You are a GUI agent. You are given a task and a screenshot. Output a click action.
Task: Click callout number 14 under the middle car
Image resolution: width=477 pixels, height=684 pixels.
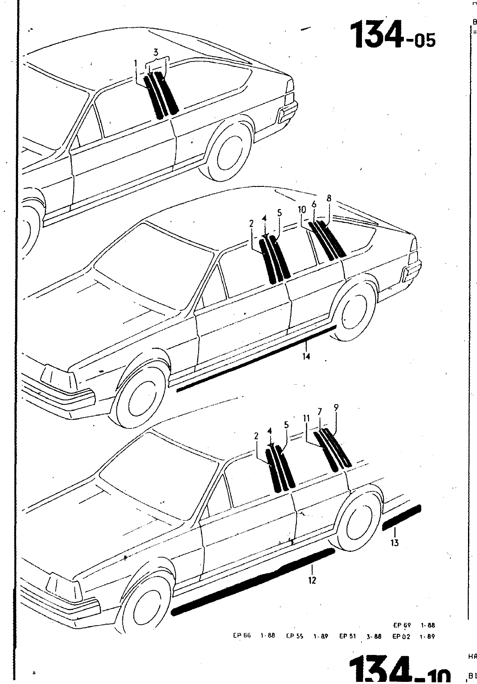click(306, 356)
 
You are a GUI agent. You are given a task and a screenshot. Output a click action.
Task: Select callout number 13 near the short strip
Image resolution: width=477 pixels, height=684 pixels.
click(394, 543)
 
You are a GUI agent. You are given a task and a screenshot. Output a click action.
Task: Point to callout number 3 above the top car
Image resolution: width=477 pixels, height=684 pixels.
click(156, 53)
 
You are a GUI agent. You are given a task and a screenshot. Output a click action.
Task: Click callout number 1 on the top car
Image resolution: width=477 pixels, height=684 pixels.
click(136, 64)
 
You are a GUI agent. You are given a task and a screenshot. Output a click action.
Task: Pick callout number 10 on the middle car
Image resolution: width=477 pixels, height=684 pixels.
click(302, 210)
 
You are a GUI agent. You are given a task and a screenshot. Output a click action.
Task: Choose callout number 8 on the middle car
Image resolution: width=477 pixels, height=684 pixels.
click(329, 199)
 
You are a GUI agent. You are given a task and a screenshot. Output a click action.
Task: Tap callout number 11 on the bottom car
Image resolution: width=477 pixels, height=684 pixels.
click(306, 419)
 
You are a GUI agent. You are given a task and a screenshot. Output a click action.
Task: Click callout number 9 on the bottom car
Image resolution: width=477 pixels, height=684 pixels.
click(336, 408)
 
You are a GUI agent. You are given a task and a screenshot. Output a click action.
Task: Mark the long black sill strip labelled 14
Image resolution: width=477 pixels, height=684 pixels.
click(257, 359)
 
